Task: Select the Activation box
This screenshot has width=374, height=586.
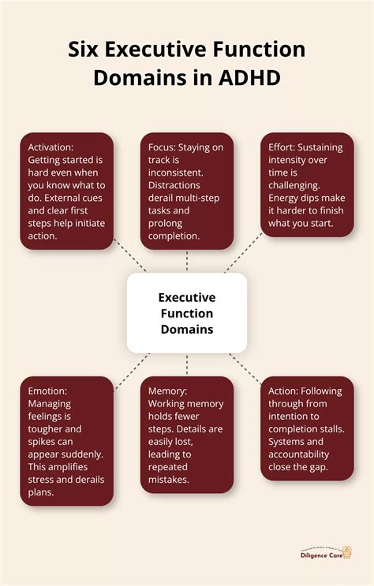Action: (x=67, y=191)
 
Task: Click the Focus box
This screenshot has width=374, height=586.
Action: (x=187, y=191)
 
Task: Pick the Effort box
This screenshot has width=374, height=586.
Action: (x=307, y=185)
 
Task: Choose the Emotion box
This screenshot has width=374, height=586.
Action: (x=67, y=441)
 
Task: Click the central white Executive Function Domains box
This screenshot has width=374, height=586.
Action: (x=187, y=313)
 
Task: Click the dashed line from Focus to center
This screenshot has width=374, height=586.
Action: (x=187, y=262)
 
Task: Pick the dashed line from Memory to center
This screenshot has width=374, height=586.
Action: (x=187, y=364)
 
